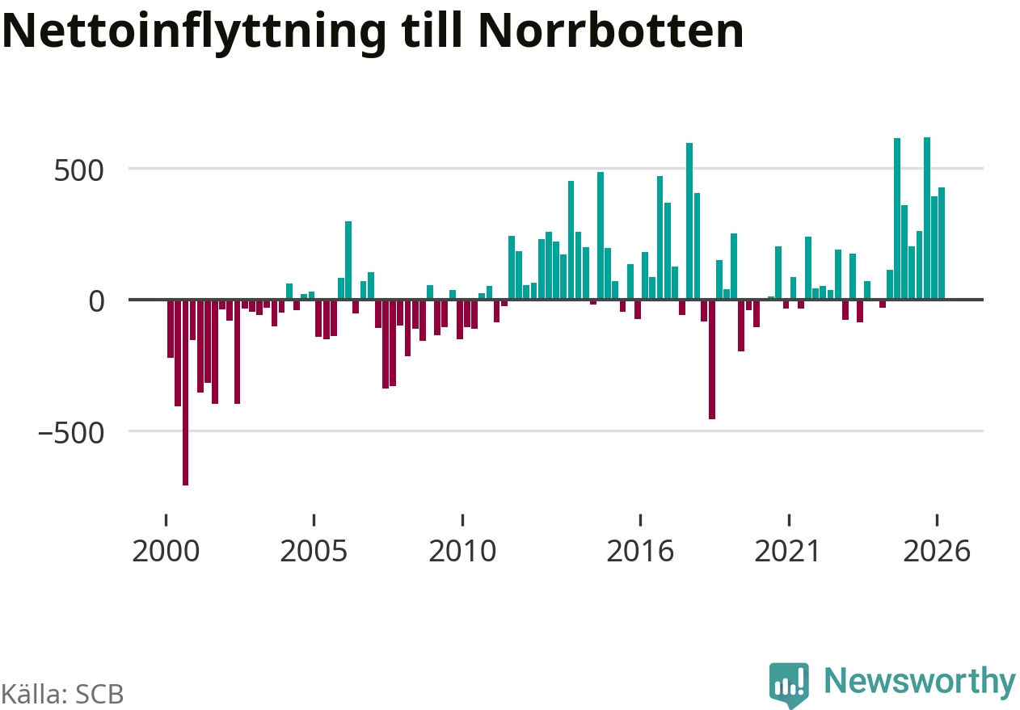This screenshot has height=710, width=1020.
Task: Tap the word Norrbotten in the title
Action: [611, 31]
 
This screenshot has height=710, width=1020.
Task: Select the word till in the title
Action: [432, 30]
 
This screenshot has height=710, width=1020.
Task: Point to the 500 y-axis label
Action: [78, 171]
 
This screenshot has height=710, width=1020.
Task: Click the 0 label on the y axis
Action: [96, 301]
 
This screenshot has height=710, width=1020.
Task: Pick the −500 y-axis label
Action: [71, 433]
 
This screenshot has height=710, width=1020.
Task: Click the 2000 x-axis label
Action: [166, 551]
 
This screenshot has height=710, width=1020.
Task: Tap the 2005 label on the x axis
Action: [314, 551]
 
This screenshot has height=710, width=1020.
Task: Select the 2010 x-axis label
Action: [462, 551]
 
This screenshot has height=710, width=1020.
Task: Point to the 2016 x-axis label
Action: [640, 551]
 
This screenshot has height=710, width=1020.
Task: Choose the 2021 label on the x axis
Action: [787, 551]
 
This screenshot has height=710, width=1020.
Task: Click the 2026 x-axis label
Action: [937, 551]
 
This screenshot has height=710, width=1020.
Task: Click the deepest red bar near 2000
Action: [185, 393]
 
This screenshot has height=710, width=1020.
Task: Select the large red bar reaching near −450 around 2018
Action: [712, 359]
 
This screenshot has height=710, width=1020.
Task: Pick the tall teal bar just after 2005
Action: [348, 260]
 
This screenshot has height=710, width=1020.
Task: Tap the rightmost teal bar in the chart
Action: [942, 243]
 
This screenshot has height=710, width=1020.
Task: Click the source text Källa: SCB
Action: [62, 695]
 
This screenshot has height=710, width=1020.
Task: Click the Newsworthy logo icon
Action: [789, 685]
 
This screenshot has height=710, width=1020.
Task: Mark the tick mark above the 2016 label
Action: [640, 520]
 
